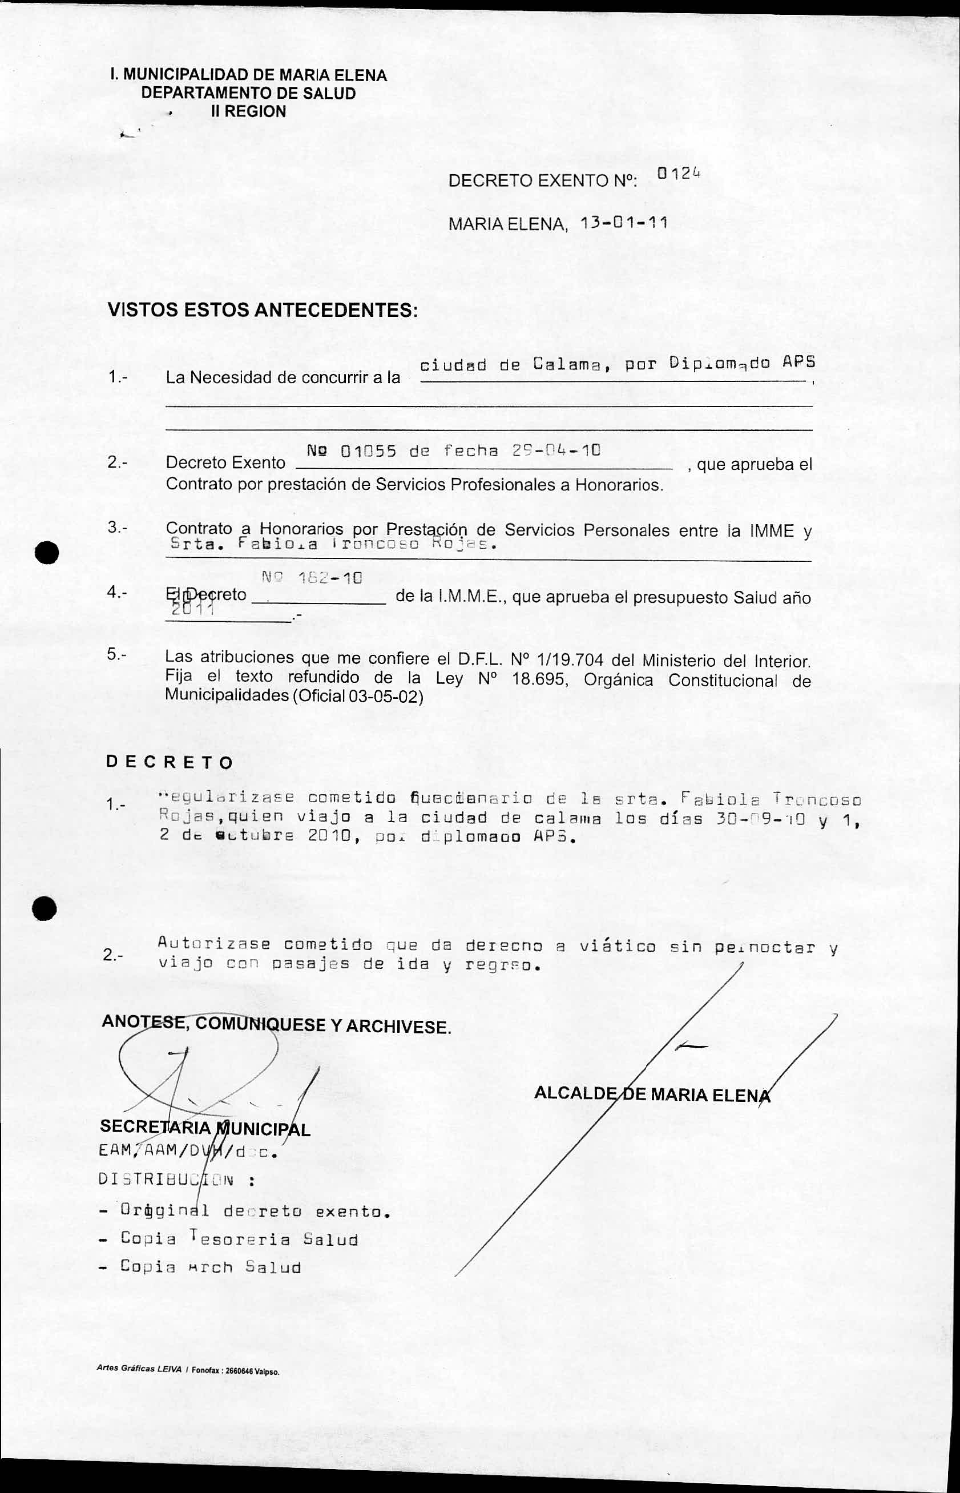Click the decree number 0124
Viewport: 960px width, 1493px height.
click(678, 174)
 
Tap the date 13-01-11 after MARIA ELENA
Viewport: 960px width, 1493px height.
click(623, 223)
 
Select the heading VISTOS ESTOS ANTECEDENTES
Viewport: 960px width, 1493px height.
click(263, 310)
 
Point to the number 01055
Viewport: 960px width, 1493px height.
click(368, 450)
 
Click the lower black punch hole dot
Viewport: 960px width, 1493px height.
click(45, 908)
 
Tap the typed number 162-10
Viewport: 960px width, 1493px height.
click(330, 578)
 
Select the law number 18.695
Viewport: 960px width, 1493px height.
click(539, 679)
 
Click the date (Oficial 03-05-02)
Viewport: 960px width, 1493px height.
click(357, 697)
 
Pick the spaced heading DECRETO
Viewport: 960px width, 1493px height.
click(169, 762)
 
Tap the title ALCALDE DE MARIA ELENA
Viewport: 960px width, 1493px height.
click(652, 1094)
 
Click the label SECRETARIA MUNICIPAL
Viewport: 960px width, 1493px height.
click(205, 1128)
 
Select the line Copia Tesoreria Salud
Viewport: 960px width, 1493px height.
click(239, 1240)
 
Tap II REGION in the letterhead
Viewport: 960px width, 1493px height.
click(248, 111)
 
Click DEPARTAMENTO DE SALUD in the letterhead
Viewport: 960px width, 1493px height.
click(248, 94)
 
